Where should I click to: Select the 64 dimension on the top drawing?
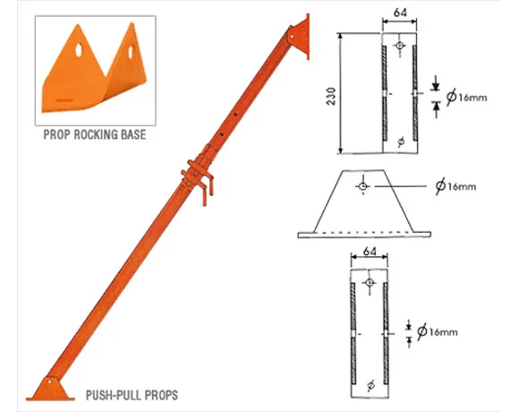(400, 13)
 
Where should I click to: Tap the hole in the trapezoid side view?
(363, 185)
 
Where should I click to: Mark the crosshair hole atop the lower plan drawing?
(368, 280)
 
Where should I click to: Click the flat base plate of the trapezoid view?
(365, 234)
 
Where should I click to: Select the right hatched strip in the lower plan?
(385, 331)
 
